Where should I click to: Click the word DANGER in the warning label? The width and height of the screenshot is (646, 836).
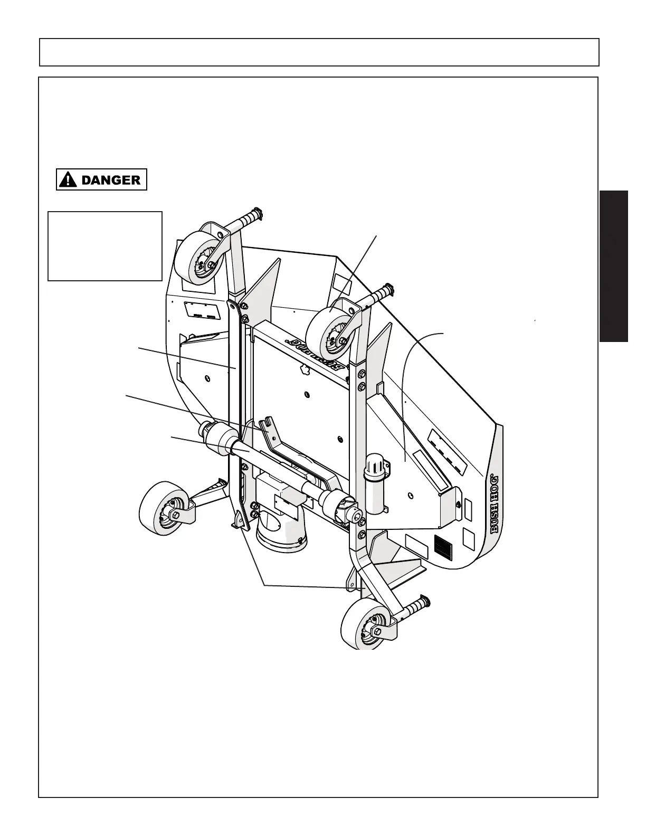111,180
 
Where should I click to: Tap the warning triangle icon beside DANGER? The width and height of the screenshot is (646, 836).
67,180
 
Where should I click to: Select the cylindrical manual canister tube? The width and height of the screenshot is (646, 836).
376,483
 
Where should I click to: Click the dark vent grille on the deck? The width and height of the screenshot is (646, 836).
443,547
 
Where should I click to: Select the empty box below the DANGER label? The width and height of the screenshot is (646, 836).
104,246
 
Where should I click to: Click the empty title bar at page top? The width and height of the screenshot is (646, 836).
319,52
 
